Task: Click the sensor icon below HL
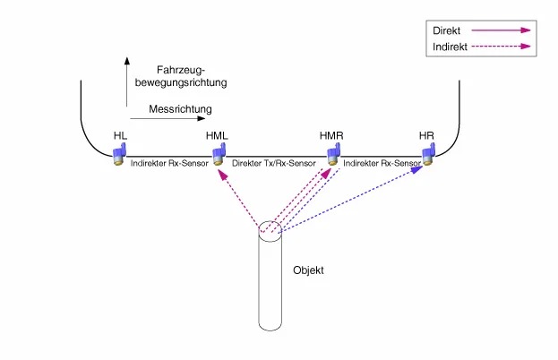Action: [x=119, y=155]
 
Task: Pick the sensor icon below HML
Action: [x=218, y=155]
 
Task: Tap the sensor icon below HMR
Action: [x=332, y=155]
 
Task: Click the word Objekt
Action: [x=310, y=270]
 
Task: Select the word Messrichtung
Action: [x=180, y=109]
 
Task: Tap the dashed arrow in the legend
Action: [x=506, y=47]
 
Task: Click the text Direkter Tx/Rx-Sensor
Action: [x=273, y=164]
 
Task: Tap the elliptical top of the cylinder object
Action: [x=271, y=230]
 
